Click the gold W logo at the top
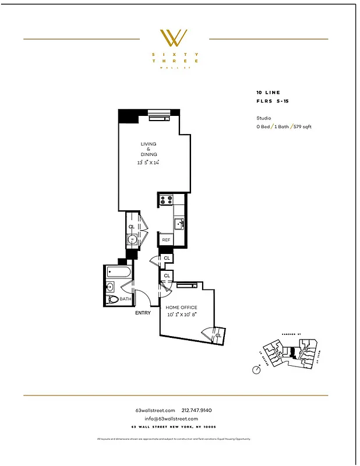tap(174, 38)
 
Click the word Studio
tap(264, 118)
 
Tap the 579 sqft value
tap(302, 126)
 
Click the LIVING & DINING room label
tap(148, 149)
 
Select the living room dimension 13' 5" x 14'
tap(148, 163)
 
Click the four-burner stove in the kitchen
tap(165, 200)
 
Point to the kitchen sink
tap(179, 223)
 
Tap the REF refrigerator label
tap(166, 239)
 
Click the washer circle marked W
tap(132, 239)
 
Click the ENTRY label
tap(143, 313)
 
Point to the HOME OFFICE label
tap(181, 307)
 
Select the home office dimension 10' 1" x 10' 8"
tap(181, 315)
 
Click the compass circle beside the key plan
tap(256, 369)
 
